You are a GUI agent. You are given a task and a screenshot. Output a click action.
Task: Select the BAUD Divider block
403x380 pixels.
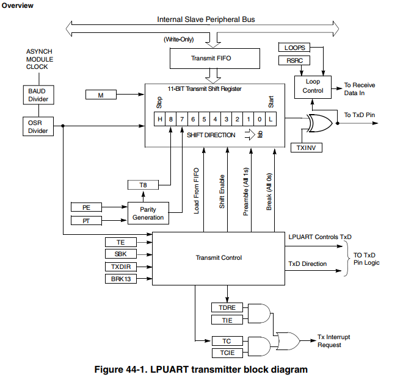tap(38, 95)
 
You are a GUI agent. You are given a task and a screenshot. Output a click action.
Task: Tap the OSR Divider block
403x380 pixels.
tap(38, 126)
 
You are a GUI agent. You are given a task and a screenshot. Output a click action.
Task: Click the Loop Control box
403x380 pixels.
tap(313, 86)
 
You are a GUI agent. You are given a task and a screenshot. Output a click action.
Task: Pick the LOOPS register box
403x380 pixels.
tap(294, 47)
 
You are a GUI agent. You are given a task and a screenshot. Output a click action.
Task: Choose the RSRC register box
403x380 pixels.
tap(294, 60)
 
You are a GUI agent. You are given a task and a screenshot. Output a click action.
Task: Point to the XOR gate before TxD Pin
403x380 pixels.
tap(318, 124)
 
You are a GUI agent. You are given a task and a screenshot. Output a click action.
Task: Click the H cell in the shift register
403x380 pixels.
tap(160, 120)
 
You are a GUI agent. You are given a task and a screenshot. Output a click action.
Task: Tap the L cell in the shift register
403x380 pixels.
tap(270, 120)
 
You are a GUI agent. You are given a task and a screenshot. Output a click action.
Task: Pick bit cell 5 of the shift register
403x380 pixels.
tap(204, 120)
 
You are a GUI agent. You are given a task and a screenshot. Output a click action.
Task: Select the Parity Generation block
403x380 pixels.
tap(148, 213)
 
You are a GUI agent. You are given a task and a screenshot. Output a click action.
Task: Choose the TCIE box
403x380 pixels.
tap(227, 353)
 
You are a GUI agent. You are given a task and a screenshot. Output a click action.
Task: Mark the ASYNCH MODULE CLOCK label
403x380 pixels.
tap(40, 59)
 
